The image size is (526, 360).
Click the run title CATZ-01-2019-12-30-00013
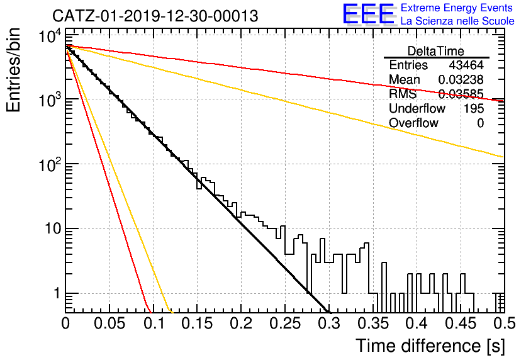pos(155,16)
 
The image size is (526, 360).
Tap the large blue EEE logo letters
pos(368,14)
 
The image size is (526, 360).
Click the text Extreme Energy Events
pos(457,8)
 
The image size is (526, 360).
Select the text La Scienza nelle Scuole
pos(457,21)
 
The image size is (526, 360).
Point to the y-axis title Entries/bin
pos(13,70)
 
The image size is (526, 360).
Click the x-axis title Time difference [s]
pos(430,346)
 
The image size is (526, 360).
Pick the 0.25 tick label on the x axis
pos(285,323)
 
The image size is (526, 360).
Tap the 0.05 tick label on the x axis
pos(109,323)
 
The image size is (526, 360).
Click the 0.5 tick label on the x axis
pos(504,323)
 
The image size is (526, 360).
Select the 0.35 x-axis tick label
pos(373,323)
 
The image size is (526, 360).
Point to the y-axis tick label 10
pos(53,229)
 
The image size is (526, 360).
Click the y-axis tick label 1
pos(57,293)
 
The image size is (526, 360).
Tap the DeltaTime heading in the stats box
pos(436,51)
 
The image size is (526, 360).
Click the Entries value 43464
pos(466,65)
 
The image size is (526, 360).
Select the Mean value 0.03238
pos(461,79)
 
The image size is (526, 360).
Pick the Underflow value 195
pos(474,108)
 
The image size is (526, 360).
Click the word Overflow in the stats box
pos(413,123)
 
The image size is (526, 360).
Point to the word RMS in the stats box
pos(403,94)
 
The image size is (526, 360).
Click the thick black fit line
pos(198,179)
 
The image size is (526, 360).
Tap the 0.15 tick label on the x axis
pos(198,323)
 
